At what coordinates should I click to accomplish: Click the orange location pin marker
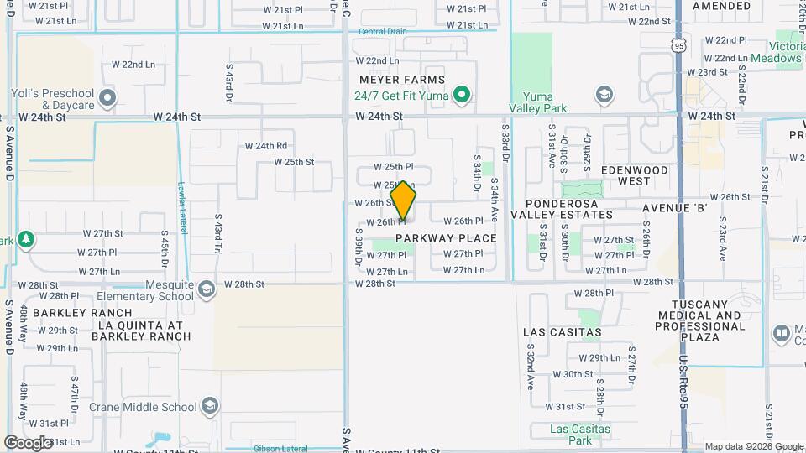tap(404, 200)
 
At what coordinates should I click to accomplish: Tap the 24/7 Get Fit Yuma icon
tap(461, 95)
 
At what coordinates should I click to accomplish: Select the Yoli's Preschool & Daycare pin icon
tap(107, 99)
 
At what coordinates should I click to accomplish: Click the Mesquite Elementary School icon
tap(207, 290)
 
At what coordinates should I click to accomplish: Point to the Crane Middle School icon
tap(209, 408)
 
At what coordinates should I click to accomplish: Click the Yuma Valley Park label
tap(537, 102)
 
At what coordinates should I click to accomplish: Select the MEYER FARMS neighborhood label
tap(401, 80)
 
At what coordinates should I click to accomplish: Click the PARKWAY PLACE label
tap(446, 238)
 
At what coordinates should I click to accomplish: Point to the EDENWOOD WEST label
tap(635, 175)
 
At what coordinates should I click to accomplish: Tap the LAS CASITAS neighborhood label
tap(563, 332)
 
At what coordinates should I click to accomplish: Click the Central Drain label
tap(382, 32)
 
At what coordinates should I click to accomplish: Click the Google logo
tap(29, 442)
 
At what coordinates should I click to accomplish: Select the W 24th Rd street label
tap(265, 146)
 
